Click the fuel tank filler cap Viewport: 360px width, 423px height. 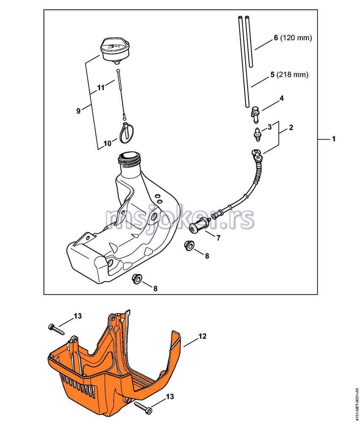click(x=115, y=51)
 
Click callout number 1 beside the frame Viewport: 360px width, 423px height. click(x=334, y=139)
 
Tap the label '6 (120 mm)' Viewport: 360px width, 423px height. click(x=293, y=38)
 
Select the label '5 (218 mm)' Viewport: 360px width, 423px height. click(x=289, y=74)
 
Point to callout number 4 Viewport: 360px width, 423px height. click(x=281, y=98)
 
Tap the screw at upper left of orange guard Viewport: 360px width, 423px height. click(x=56, y=330)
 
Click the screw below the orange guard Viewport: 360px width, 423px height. click(x=142, y=407)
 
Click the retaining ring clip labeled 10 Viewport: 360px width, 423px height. click(x=125, y=133)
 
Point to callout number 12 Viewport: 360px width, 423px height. click(x=202, y=336)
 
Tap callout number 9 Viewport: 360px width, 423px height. click(x=79, y=110)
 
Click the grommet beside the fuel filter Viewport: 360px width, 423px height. click(x=189, y=246)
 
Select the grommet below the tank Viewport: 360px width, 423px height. click(x=138, y=279)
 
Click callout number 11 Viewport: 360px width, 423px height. click(x=101, y=88)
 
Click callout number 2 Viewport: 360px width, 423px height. click(x=291, y=127)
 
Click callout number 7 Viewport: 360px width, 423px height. click(x=218, y=238)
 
